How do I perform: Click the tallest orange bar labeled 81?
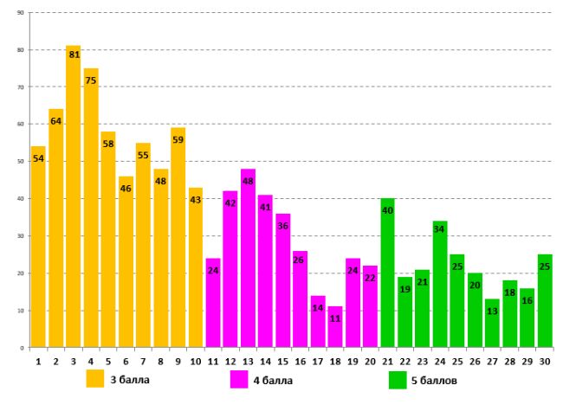[x=73, y=199]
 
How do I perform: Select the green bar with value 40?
[x=387, y=277]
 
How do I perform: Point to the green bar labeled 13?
[x=492, y=329]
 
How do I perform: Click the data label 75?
[x=91, y=80]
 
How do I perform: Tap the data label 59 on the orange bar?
[x=178, y=140]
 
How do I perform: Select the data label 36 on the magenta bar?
[x=283, y=226]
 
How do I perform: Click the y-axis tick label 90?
[x=19, y=14]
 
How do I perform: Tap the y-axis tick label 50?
[x=19, y=162]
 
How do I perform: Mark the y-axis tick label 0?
[x=22, y=348]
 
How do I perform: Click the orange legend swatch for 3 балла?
[x=96, y=380]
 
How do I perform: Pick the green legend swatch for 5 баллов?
[x=398, y=380]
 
